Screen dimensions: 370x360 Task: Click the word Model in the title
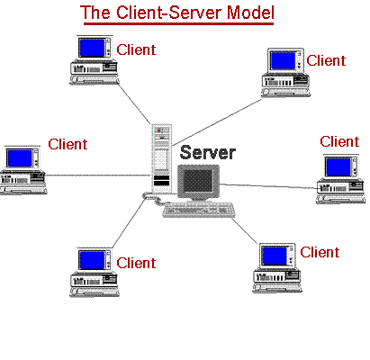250,13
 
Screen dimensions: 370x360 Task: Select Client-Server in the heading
169,13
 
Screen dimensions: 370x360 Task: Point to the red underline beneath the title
178,23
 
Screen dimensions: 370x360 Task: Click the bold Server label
208,153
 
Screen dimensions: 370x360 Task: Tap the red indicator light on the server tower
159,130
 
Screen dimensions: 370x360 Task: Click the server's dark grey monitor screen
198,181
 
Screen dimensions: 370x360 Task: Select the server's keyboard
199,210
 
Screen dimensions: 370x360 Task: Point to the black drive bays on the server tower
161,181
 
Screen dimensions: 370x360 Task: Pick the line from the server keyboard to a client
244,230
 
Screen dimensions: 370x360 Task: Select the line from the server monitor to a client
269,186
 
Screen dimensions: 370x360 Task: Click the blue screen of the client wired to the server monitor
338,166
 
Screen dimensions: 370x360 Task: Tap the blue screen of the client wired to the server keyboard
275,256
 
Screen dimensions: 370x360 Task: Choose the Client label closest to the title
136,49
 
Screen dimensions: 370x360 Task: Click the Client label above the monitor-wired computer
339,141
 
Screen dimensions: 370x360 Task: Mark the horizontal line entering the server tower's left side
98,175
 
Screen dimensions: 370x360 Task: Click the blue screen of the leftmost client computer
20,158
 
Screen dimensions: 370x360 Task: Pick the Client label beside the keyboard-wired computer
320,252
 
